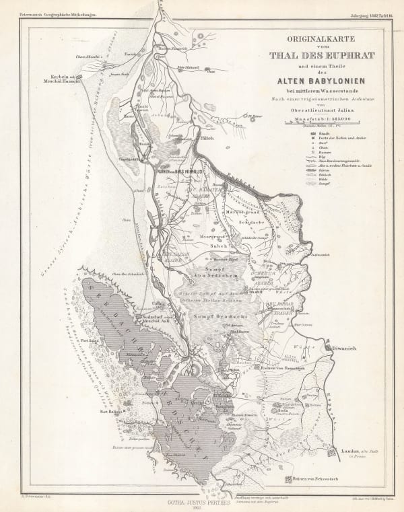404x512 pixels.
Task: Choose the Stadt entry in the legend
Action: click(x=314, y=133)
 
